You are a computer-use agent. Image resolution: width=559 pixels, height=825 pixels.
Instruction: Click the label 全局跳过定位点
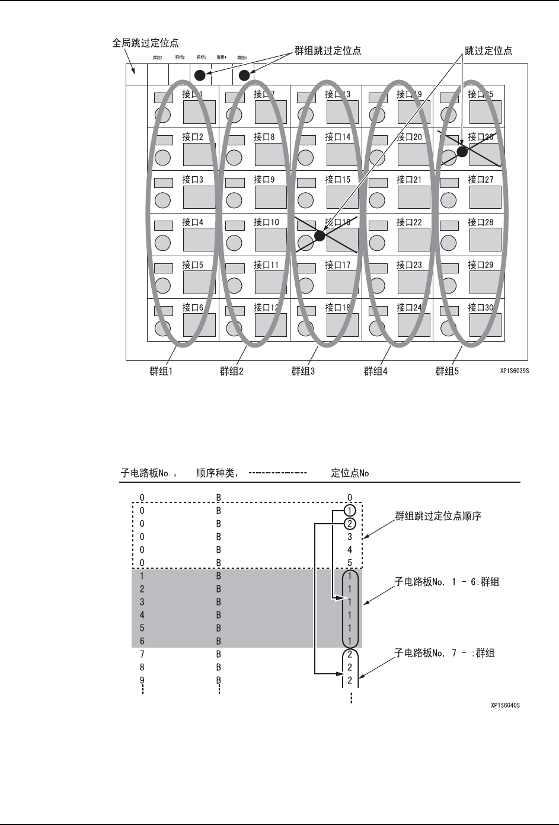(145, 43)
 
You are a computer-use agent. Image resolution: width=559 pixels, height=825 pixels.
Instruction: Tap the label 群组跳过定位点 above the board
(328, 51)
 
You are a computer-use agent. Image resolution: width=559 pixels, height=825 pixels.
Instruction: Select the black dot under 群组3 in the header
(200, 75)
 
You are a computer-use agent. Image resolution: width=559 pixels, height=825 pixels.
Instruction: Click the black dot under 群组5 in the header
(244, 75)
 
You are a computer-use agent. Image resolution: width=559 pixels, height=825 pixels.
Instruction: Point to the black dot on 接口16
(320, 235)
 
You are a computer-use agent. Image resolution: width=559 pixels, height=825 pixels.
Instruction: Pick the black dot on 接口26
(462, 151)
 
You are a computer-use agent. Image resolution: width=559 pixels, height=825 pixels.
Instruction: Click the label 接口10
(266, 222)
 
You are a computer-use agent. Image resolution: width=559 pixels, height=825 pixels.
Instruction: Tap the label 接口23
(409, 265)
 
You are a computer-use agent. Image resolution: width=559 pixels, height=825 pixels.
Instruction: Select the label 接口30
(481, 308)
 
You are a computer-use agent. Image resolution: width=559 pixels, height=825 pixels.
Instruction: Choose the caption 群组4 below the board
(375, 372)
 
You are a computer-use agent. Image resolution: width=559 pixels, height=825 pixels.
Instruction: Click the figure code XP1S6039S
(514, 372)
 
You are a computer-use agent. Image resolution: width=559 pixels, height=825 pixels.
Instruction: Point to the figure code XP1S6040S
(505, 706)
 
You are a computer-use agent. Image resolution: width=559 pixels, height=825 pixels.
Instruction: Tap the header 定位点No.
(350, 473)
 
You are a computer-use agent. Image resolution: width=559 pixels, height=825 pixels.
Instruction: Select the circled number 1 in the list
(350, 511)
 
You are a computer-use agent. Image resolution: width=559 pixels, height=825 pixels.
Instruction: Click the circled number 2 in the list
(350, 524)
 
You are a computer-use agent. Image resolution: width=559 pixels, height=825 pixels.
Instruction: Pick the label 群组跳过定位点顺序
(438, 516)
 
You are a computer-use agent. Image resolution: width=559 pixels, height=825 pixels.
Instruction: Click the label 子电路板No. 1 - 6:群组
(447, 582)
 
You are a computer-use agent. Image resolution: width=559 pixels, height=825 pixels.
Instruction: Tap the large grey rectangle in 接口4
(199, 239)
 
